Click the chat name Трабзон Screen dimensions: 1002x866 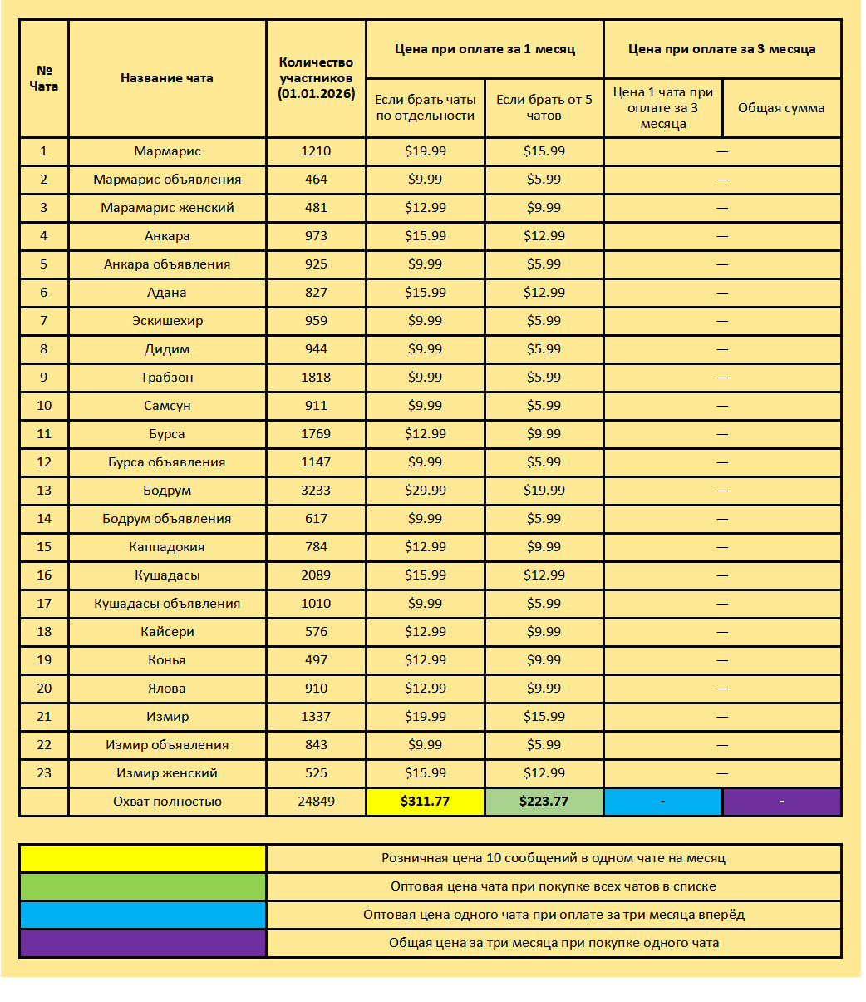[x=167, y=378]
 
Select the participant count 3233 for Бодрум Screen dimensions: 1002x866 [x=316, y=491]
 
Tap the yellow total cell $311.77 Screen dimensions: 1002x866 [x=425, y=802]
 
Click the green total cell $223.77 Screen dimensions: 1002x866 [x=544, y=802]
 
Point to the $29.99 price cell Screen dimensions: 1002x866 [x=425, y=491]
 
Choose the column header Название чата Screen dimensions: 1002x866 [x=167, y=78]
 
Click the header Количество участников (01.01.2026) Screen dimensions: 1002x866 [x=316, y=78]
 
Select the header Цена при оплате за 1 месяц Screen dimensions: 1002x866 [x=485, y=49]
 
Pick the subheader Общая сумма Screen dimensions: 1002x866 [x=781, y=108]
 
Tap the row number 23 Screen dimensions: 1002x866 [x=44, y=773]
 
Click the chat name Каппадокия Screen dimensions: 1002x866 [x=167, y=547]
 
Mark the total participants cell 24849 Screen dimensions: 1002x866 [x=316, y=802]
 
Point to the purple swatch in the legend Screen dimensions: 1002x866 [x=143, y=943]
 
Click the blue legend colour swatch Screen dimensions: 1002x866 [x=143, y=915]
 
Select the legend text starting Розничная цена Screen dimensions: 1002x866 [x=554, y=858]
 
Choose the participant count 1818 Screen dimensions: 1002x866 [x=316, y=378]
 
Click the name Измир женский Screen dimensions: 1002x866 [x=167, y=773]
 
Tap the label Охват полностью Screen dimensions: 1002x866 [x=167, y=802]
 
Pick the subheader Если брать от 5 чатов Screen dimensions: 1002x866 [x=544, y=108]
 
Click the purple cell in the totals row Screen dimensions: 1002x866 [x=781, y=802]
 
